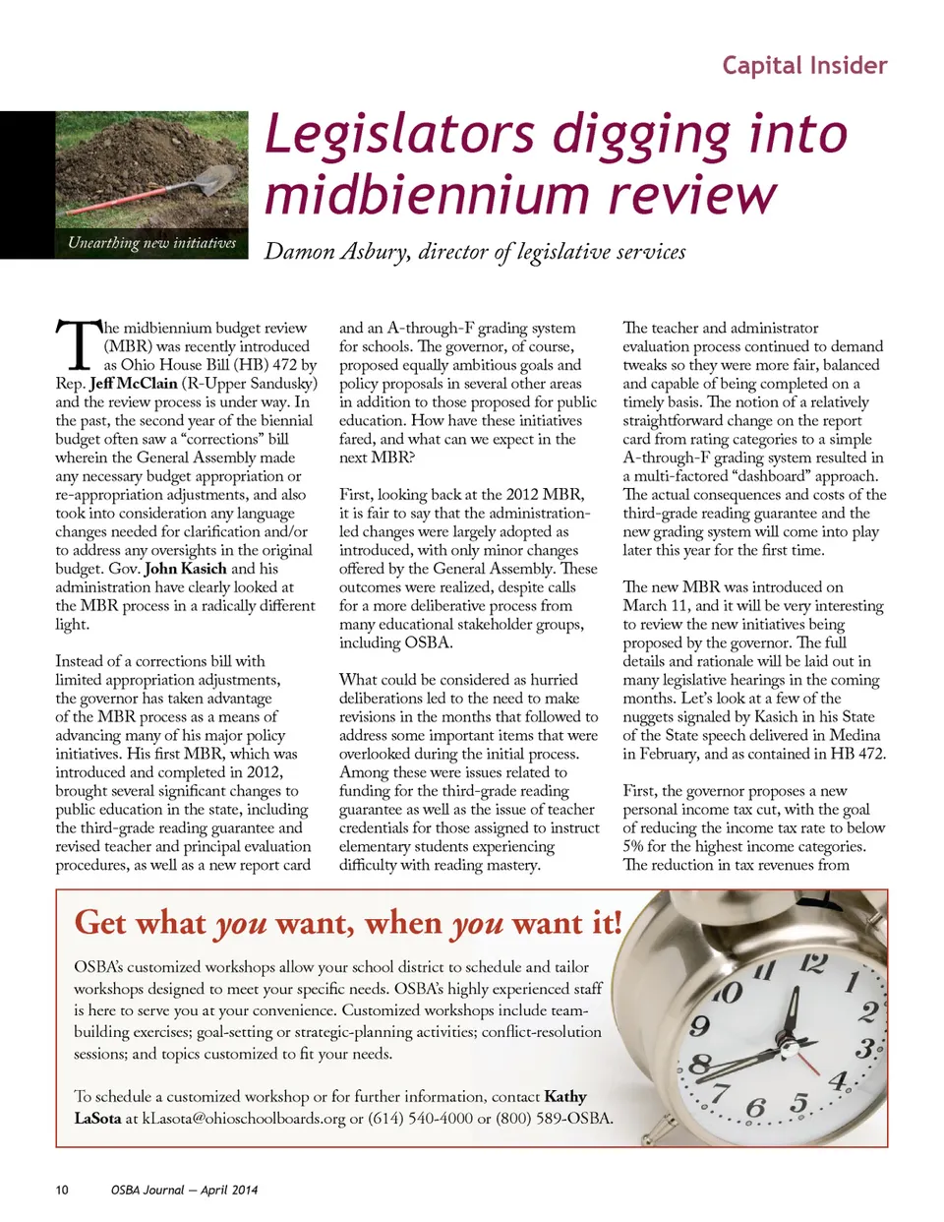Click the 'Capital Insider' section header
804,66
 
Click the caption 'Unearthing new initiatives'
152,243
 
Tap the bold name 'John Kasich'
186,569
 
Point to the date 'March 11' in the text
656,606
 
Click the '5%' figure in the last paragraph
634,846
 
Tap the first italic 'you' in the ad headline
241,924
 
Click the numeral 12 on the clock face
813,963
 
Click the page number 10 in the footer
62,1191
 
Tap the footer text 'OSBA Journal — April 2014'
184,1191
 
